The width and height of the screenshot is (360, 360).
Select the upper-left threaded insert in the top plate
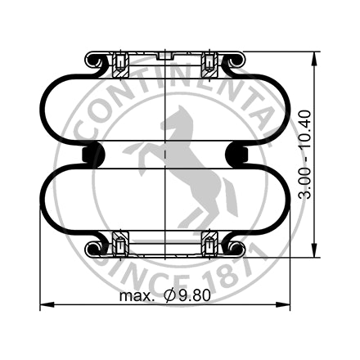(x=120, y=62)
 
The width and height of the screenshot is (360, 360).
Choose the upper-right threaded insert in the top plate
(x=210, y=62)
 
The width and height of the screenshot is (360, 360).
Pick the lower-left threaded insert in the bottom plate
(x=120, y=243)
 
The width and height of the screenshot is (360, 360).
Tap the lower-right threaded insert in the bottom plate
(x=210, y=243)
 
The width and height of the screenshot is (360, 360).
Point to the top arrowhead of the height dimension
(x=316, y=56)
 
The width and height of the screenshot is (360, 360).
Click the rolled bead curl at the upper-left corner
(x=93, y=61)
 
